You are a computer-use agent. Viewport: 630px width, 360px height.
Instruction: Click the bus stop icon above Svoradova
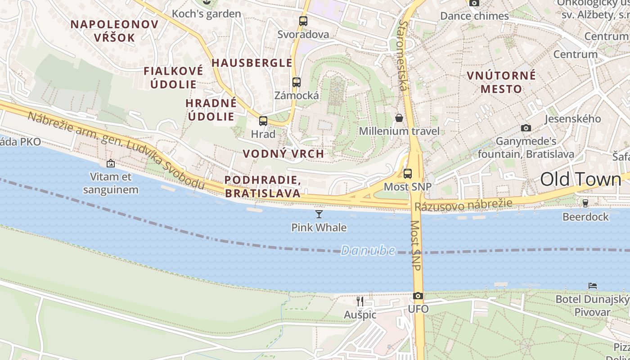(303, 21)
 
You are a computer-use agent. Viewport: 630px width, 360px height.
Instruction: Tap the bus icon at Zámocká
(296, 82)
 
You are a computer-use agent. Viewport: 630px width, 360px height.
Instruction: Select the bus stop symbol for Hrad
(263, 121)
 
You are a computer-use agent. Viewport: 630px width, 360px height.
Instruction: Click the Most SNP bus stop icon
(408, 173)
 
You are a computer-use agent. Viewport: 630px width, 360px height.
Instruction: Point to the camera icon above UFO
(418, 296)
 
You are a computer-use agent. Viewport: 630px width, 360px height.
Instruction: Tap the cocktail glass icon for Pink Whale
(319, 214)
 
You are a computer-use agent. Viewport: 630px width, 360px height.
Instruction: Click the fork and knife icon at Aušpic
(360, 301)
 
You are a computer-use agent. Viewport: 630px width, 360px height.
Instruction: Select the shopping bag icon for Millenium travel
(399, 118)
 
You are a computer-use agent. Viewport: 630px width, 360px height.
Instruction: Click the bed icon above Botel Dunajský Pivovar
(593, 286)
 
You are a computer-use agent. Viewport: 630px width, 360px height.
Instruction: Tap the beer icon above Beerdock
(585, 203)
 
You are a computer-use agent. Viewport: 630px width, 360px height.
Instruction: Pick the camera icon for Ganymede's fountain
(526, 128)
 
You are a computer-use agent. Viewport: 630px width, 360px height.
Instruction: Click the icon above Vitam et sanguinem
(110, 163)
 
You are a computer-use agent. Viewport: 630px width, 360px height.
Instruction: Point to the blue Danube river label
(368, 251)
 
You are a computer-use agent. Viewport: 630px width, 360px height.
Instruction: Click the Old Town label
(580, 179)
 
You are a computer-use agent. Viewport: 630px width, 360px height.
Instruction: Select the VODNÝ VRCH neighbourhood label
(283, 153)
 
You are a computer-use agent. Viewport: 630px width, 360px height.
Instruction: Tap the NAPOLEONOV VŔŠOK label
(114, 31)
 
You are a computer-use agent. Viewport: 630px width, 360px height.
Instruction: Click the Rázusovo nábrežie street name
(463, 205)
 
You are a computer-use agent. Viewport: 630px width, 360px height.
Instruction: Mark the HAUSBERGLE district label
(252, 63)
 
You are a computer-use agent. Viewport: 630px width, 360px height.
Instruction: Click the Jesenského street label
(572, 119)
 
